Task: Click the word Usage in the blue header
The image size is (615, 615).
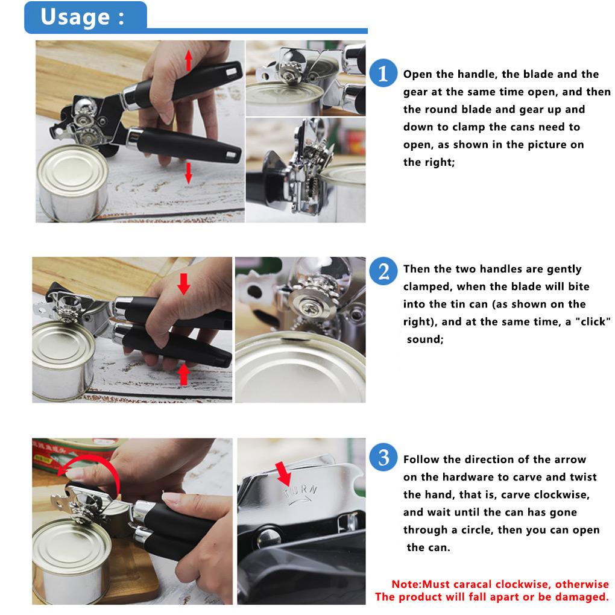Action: [75, 17]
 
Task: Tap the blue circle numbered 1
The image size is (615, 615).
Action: [383, 72]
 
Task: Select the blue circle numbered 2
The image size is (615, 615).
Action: [383, 271]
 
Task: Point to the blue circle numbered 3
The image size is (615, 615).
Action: [383, 457]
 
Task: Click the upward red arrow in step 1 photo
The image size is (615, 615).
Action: [189, 60]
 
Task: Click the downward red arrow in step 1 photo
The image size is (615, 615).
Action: [188, 173]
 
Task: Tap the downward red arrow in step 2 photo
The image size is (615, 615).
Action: [183, 283]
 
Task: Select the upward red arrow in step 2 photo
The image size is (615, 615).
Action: [183, 374]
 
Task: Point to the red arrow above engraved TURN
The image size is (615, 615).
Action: [283, 473]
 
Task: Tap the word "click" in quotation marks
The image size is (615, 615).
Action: [593, 321]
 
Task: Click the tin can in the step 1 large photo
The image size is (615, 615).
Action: [73, 182]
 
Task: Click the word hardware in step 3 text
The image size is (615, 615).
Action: [466, 477]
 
